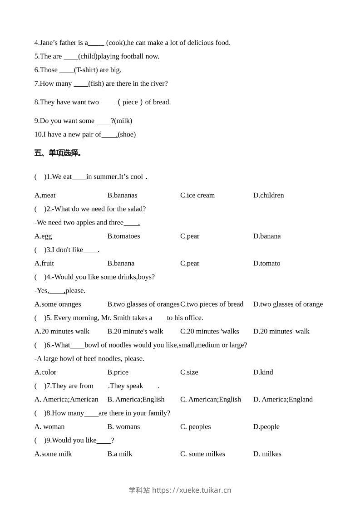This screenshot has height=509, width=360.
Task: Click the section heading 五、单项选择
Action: (58, 153)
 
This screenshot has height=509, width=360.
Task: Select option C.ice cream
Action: (197, 196)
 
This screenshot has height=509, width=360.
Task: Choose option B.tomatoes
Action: (123, 236)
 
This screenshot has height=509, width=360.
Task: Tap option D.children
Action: (268, 196)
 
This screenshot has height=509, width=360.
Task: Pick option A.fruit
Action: (44, 264)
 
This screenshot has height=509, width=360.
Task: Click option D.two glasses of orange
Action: (288, 304)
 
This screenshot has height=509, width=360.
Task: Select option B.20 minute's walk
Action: (135, 332)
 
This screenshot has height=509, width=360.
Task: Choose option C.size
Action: (189, 372)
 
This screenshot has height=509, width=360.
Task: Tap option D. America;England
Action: (283, 400)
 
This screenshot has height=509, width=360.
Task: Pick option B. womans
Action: (123, 427)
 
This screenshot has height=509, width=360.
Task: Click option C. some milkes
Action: (202, 454)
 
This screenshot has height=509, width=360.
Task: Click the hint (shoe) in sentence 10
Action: (127, 135)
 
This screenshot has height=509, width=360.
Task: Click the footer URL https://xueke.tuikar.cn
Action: (192, 490)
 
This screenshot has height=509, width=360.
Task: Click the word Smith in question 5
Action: (130, 318)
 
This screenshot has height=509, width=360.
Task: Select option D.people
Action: (266, 427)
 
